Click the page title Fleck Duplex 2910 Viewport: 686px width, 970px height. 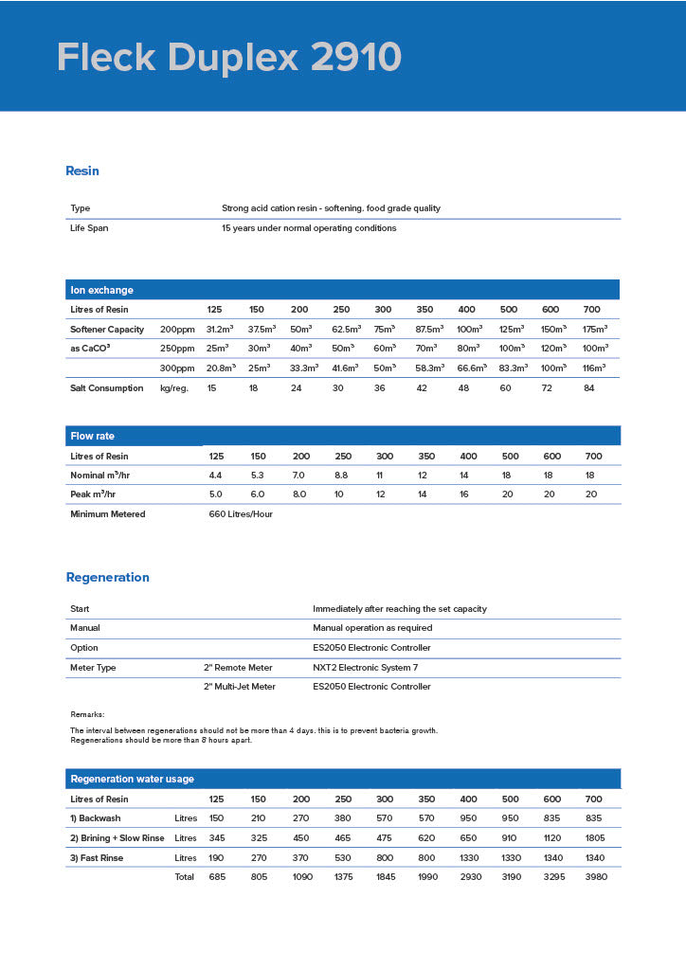point(228,58)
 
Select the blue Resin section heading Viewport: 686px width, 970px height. point(82,171)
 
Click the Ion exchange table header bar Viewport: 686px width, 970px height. point(342,290)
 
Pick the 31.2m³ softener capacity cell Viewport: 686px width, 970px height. point(221,329)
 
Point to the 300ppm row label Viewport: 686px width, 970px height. point(176,368)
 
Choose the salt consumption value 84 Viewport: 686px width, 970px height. point(590,387)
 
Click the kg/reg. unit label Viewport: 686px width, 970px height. point(176,387)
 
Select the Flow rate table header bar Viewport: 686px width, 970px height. point(342,436)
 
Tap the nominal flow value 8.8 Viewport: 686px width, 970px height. point(341,475)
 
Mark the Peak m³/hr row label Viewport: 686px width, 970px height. point(92,494)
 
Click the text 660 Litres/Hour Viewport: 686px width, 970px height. point(241,514)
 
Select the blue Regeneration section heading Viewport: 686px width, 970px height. point(107,578)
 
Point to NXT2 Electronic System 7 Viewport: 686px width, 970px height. point(365,668)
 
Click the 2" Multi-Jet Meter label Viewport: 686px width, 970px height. point(240,687)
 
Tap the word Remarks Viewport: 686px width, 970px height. point(87,714)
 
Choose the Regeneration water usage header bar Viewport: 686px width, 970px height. point(342,779)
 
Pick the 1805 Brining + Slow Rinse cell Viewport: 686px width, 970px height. point(593,838)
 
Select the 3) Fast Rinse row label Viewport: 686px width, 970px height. point(97,858)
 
